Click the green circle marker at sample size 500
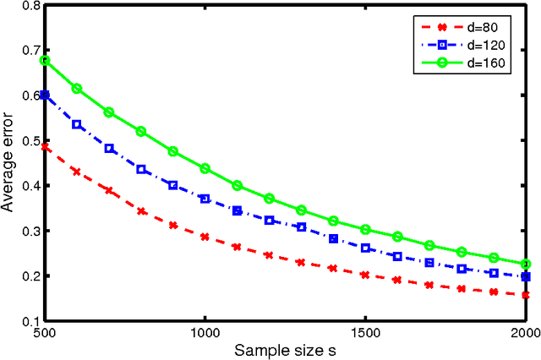point(45,60)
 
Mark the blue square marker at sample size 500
point(45,95)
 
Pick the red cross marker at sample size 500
point(45,146)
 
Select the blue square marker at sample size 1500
point(364,248)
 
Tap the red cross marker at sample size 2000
point(524,295)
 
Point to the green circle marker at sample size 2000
point(524,265)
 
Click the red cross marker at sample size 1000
point(205,237)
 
